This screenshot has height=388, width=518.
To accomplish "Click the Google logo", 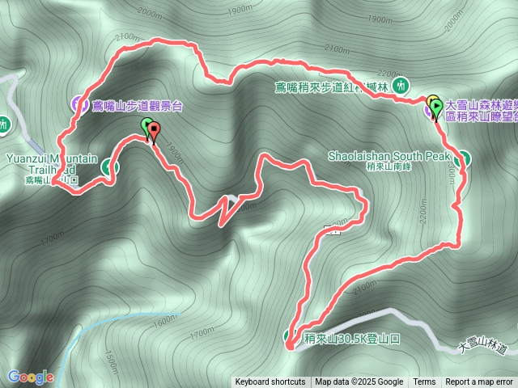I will pos(31,377).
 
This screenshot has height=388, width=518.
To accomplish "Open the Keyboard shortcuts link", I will pos(270,382).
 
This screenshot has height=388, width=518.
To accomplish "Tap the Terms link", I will pos(424,382).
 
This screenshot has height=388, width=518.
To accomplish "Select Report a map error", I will pos(480,382).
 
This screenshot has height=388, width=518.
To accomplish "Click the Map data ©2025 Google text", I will pos(359,382).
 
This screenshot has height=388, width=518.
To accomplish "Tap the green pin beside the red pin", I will pos(146,127).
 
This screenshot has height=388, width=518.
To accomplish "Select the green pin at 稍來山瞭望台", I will pos(437,107).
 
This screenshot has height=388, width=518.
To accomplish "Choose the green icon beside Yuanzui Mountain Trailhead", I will pos(110,167).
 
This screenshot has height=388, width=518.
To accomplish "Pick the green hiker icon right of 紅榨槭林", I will pos(398,85).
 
